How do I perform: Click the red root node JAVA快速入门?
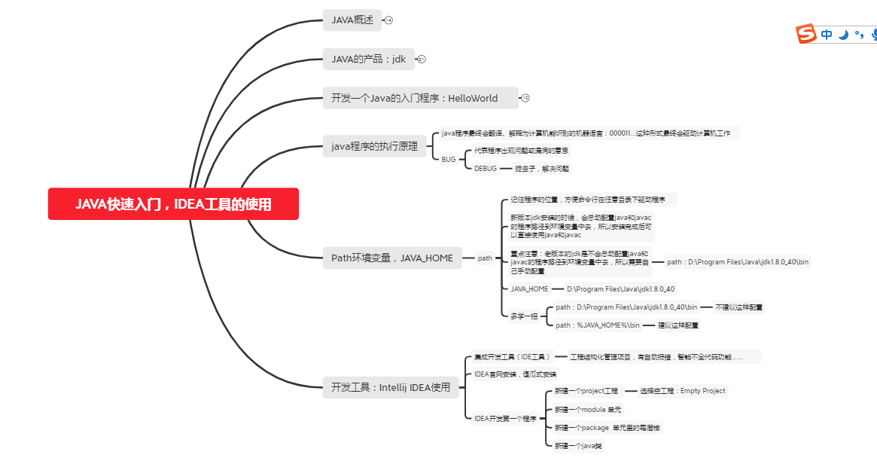(173, 204)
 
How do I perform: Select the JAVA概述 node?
(352, 20)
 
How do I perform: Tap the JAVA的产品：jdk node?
(368, 59)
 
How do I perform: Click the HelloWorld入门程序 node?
(420, 98)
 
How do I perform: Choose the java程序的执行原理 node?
(374, 147)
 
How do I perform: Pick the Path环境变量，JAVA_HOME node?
(392, 258)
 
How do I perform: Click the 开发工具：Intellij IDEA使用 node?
(390, 387)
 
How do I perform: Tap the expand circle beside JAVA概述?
(388, 20)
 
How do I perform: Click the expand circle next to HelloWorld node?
(525, 98)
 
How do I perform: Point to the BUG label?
(449, 160)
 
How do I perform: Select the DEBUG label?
(486, 169)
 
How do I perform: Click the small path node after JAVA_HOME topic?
(485, 258)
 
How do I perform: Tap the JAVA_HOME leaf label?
(529, 288)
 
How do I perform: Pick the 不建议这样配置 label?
(738, 307)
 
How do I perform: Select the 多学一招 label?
(524, 316)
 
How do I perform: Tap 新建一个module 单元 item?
(588, 410)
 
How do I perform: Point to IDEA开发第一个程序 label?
(504, 419)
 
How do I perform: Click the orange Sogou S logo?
(806, 34)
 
